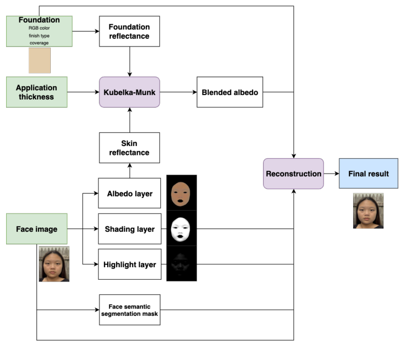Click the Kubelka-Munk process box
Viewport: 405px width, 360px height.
(129, 92)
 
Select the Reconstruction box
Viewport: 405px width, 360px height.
(293, 174)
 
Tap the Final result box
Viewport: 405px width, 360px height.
(368, 174)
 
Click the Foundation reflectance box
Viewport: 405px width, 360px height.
(129, 31)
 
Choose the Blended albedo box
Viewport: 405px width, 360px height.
(230, 92)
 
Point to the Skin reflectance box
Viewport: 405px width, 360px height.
(129, 148)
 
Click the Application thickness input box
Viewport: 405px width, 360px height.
(36, 92)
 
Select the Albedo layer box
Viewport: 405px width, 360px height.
(129, 193)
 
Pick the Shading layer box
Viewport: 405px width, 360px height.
(129, 229)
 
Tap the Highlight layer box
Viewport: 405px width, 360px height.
(129, 264)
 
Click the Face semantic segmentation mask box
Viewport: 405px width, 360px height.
(129, 310)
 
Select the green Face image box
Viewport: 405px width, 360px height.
(36, 229)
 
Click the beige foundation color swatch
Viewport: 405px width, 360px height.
(40, 60)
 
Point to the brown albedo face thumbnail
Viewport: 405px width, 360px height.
(181, 192)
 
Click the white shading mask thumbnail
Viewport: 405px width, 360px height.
(181, 228)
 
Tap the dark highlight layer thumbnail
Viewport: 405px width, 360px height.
(181, 264)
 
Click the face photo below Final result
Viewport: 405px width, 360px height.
(368, 211)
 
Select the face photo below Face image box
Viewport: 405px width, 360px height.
(54, 264)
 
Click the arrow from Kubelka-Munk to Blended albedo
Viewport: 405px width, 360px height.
(178, 92)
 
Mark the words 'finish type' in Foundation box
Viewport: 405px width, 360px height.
(39, 35)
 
